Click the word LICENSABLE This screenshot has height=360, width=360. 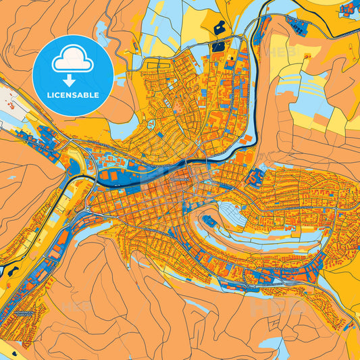[73, 95]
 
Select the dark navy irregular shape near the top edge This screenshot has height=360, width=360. [220, 28]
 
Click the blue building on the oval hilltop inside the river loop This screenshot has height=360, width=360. [210, 221]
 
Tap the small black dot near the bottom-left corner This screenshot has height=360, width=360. [8, 344]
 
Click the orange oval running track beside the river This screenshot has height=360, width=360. [110, 175]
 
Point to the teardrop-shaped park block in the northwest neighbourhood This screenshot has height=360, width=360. [149, 126]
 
